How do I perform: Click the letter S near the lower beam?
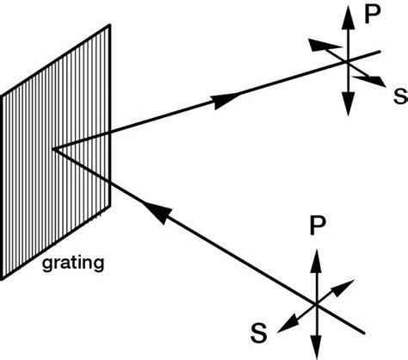[x=257, y=330]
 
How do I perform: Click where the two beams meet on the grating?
[x=53, y=149]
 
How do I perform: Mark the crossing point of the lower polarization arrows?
[x=316, y=302]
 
